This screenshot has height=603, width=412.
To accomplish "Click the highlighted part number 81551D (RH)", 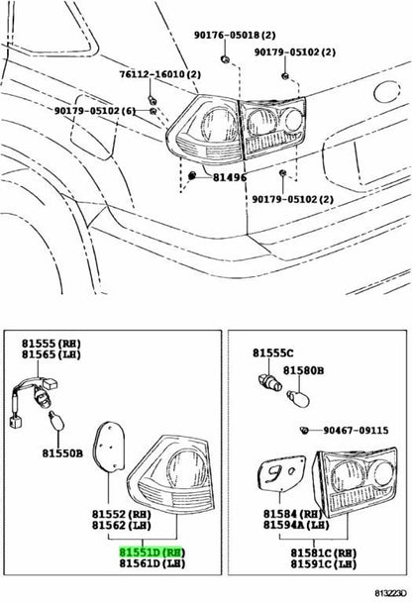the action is [x=153, y=553].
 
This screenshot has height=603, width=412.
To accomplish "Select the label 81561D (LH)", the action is [x=153, y=563].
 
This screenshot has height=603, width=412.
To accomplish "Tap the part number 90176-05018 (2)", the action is [x=235, y=35].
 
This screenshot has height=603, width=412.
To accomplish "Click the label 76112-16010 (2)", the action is [x=160, y=74].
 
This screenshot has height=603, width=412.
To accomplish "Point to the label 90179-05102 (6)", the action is [x=95, y=111].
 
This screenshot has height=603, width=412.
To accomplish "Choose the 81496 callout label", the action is [x=230, y=177].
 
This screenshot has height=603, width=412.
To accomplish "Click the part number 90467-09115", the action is [x=356, y=430].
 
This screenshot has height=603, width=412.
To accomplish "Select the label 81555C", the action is [x=272, y=352].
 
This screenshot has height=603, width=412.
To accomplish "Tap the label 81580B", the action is [x=303, y=370].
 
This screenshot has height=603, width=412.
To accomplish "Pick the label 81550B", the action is [x=62, y=453].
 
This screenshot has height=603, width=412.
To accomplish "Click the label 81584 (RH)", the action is [x=292, y=514].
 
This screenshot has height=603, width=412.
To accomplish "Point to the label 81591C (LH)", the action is [x=324, y=563].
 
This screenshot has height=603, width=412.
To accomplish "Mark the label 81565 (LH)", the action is [x=51, y=354].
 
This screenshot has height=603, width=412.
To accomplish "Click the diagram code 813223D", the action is [x=390, y=593].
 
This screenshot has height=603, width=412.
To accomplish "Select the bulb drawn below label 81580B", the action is [x=298, y=398].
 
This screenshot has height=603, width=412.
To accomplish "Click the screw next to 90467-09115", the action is [x=305, y=430].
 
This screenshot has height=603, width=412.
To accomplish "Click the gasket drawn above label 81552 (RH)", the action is [x=109, y=447].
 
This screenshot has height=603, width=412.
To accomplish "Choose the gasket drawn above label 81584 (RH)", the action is [x=281, y=473].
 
